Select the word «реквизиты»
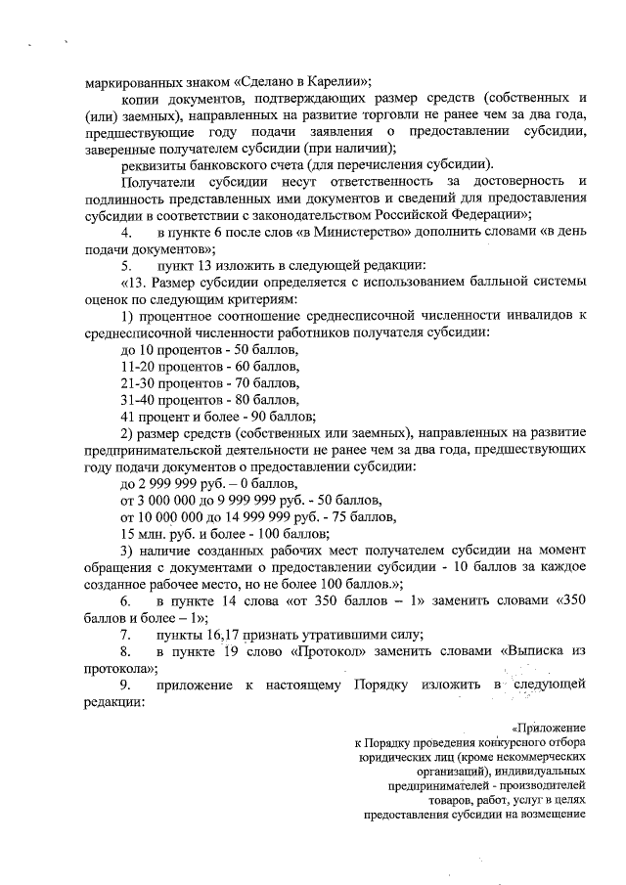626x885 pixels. [153, 164]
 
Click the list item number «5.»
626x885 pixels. [127, 264]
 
